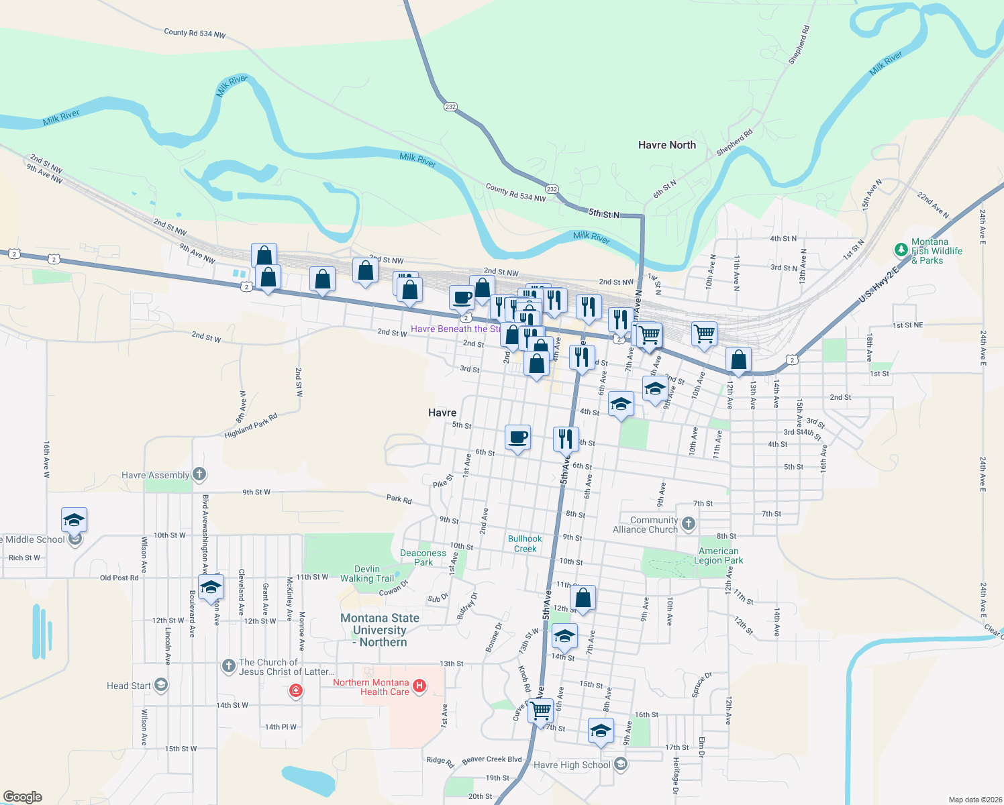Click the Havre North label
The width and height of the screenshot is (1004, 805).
click(x=666, y=145)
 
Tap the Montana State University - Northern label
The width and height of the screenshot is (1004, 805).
click(x=380, y=630)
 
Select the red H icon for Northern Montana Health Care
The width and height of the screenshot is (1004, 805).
click(x=419, y=686)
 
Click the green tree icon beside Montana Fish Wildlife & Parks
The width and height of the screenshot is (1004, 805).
click(x=901, y=250)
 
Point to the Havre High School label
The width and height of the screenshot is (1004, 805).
click(x=572, y=765)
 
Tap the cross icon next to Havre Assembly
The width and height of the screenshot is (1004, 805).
click(x=199, y=474)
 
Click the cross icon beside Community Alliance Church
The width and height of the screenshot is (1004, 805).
click(x=689, y=524)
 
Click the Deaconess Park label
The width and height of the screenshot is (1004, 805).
click(x=423, y=557)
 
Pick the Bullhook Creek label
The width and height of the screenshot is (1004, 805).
click(x=525, y=543)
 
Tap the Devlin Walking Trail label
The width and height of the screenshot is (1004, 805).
click(x=366, y=574)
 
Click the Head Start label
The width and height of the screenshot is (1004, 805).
click(x=128, y=686)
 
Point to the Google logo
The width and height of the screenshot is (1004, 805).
click(x=23, y=797)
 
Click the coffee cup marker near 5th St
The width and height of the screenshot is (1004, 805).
click(x=517, y=438)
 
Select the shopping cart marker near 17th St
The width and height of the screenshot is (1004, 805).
click(x=540, y=710)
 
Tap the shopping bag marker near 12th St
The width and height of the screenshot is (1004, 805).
click(x=583, y=598)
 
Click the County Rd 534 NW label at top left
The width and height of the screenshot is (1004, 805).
click(x=195, y=33)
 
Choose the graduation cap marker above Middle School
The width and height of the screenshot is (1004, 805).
click(x=74, y=520)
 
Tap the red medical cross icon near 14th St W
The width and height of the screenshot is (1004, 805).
click(x=295, y=690)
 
